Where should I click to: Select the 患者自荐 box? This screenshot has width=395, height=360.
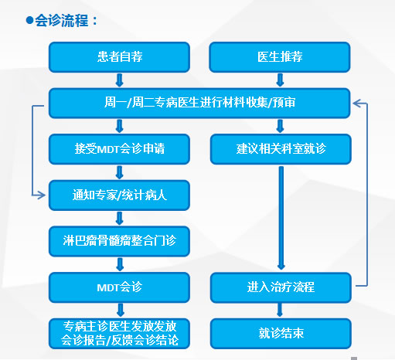119,57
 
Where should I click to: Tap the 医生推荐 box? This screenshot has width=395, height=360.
280,57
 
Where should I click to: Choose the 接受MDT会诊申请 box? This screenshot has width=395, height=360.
119,148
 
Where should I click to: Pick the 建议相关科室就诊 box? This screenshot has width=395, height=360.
280,148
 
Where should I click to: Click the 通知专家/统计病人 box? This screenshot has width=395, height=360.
119,195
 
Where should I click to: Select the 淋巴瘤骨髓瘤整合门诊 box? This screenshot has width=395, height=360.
119,241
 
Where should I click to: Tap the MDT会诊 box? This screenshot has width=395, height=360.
119,287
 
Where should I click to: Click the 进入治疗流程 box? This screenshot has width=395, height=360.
280,287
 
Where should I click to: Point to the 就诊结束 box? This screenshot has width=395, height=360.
280,333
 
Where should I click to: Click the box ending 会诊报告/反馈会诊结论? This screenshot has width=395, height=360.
119,333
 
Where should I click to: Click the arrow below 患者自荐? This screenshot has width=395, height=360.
119,80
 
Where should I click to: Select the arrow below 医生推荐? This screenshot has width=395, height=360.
280,80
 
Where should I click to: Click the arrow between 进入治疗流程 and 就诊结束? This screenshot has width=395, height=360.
280,311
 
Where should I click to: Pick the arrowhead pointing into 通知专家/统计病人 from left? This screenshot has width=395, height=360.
43,195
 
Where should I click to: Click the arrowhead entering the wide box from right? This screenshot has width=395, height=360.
357,101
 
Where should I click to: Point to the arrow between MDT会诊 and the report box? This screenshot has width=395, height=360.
119,311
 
